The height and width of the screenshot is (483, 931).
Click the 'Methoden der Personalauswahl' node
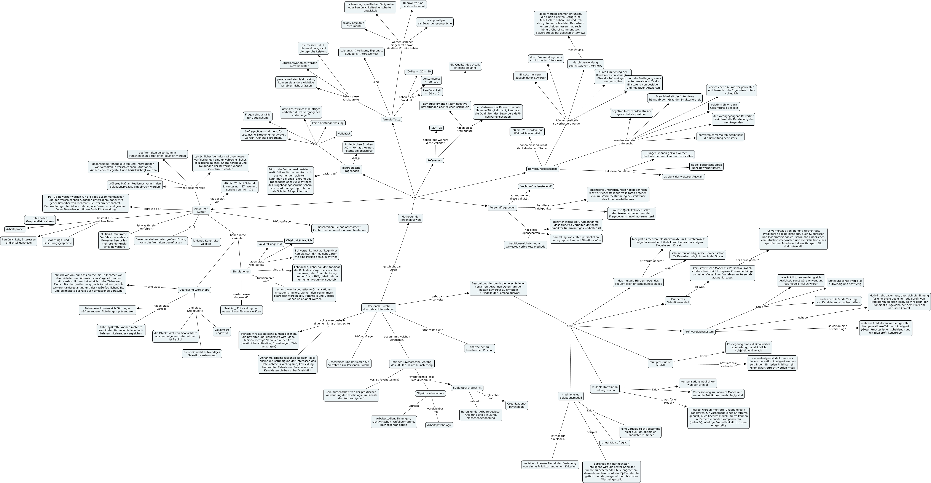410,218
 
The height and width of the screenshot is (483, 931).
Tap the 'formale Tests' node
391,119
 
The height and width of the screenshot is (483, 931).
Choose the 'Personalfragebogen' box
502,208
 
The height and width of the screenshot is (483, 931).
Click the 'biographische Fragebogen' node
351,169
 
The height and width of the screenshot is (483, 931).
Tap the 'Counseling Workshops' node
194,289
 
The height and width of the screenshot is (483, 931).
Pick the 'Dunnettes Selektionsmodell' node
678,301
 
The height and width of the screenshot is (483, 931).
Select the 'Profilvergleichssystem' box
699,331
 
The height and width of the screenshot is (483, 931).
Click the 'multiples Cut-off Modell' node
660,364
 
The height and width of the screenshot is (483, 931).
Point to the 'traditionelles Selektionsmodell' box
570,396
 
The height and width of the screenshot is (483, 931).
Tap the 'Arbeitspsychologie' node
439,425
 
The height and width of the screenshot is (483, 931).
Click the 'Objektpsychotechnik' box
430,393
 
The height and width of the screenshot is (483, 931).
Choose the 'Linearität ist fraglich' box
614,443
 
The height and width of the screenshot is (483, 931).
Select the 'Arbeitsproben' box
15,229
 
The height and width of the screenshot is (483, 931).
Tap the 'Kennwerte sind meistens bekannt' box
413,4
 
